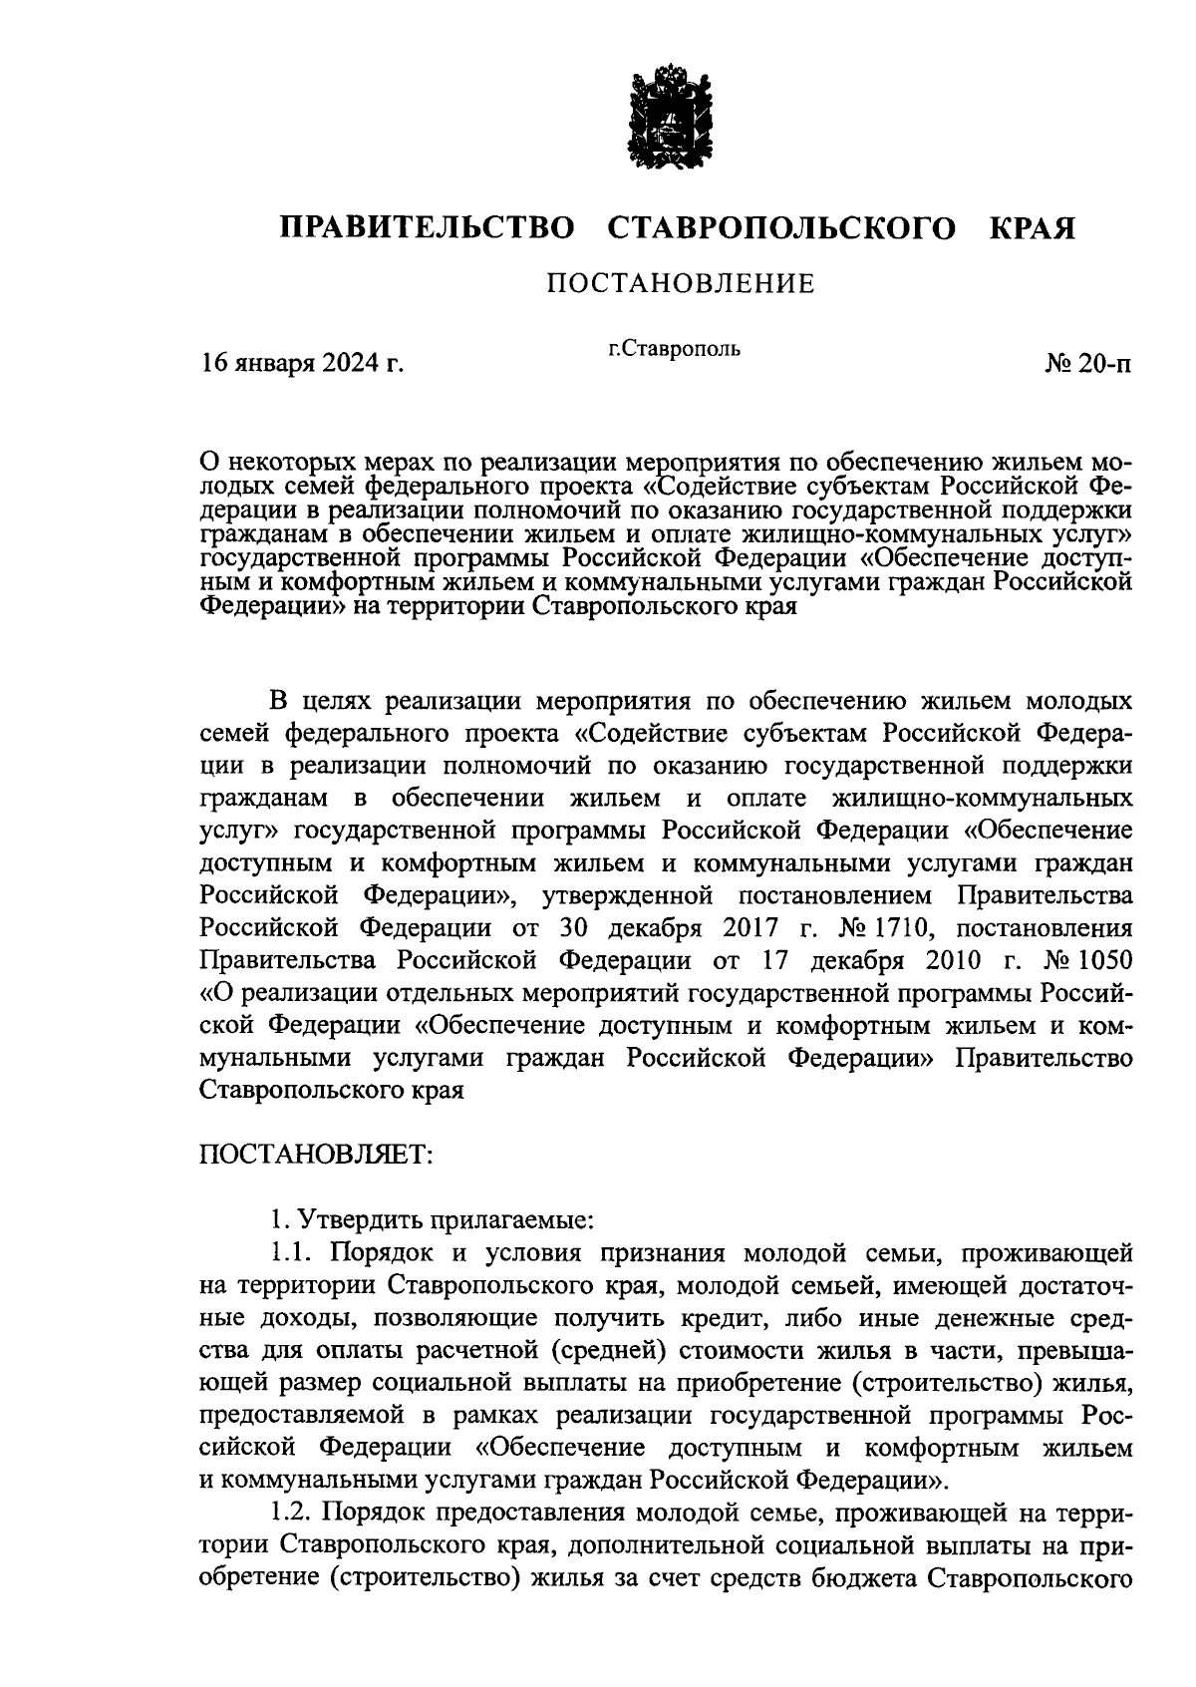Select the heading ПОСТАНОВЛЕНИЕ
pos(681,285)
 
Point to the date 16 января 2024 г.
pos(302,364)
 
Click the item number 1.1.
pos(290,1251)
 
